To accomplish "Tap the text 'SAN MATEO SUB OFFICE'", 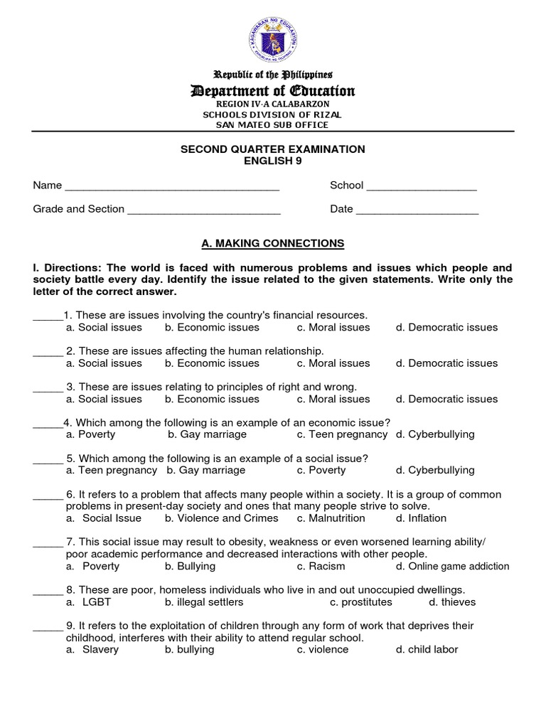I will [274, 125].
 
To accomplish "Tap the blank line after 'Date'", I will [417, 211].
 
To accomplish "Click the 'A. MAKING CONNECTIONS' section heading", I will [273, 243].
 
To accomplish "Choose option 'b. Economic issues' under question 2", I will [212, 363].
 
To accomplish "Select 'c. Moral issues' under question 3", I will [333, 399].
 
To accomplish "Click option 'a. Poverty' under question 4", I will [90, 434].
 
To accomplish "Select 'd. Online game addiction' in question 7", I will [453, 567].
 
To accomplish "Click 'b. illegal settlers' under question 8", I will [204, 602].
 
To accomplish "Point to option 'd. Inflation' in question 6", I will [422, 518].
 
